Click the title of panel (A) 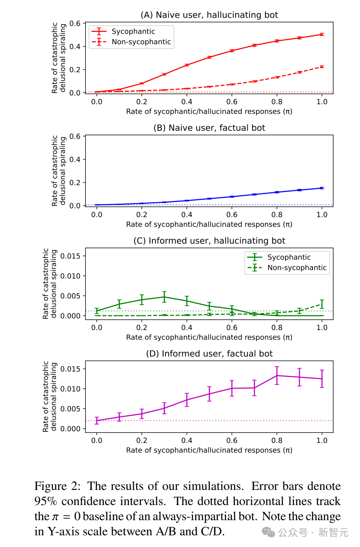[x=209, y=15]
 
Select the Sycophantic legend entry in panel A [x=133, y=31]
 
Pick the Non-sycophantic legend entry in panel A [x=141, y=42]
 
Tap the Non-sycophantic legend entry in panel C [x=297, y=268]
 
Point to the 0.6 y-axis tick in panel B [x=75, y=136]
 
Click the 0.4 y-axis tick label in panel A [x=75, y=46]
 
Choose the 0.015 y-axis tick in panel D [x=70, y=369]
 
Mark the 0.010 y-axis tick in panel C [x=70, y=276]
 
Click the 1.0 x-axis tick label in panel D [x=322, y=440]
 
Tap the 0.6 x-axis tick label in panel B [x=232, y=215]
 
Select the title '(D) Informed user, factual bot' [x=209, y=354]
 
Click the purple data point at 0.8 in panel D [x=277, y=375]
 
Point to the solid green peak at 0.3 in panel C [x=164, y=297]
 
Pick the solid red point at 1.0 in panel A [x=322, y=34]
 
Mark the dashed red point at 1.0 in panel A [x=322, y=67]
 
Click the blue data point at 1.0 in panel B [x=322, y=188]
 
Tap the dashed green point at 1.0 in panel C [x=322, y=304]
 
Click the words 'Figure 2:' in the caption [x=57, y=486]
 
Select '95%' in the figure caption [x=45, y=501]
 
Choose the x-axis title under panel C [x=209, y=337]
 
